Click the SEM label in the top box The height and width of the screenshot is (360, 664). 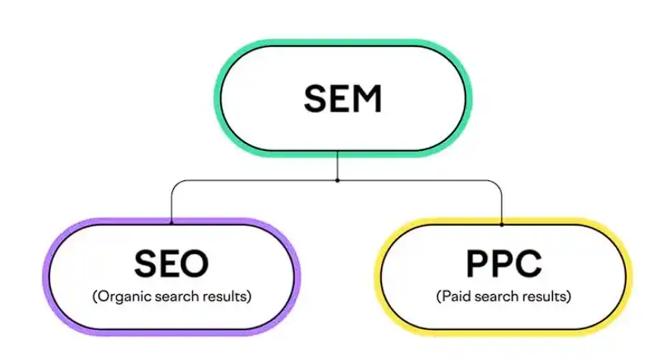343,99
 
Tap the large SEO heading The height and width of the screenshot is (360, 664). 172,263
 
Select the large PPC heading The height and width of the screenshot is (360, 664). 504,263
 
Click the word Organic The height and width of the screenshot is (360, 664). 124,296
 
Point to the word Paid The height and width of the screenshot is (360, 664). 455,296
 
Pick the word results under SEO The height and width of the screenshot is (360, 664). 227,296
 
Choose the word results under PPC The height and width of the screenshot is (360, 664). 546,296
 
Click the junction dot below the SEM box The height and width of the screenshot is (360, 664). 338,180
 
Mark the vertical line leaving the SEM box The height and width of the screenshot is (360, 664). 338,165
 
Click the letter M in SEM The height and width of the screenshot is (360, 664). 368,99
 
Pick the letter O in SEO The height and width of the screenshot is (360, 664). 195,263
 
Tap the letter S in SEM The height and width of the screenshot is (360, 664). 315,99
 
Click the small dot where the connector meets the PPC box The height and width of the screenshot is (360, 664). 502,224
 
